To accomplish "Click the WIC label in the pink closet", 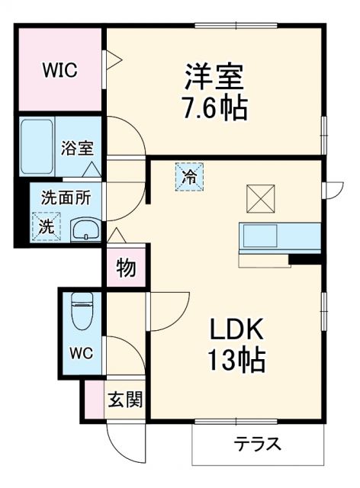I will (x=59, y=71).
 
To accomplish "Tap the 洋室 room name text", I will (x=214, y=78).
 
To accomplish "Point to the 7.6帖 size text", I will (x=214, y=108).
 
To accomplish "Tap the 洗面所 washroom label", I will (x=65, y=197).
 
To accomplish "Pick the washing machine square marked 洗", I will (x=46, y=226).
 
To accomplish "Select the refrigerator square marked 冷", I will (x=189, y=178).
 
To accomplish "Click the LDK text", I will (x=237, y=330).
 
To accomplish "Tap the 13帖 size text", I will (x=237, y=358).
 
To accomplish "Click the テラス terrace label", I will (x=257, y=444).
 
